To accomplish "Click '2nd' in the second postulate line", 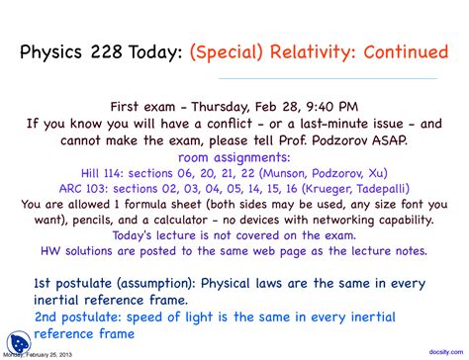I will point(48,315).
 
